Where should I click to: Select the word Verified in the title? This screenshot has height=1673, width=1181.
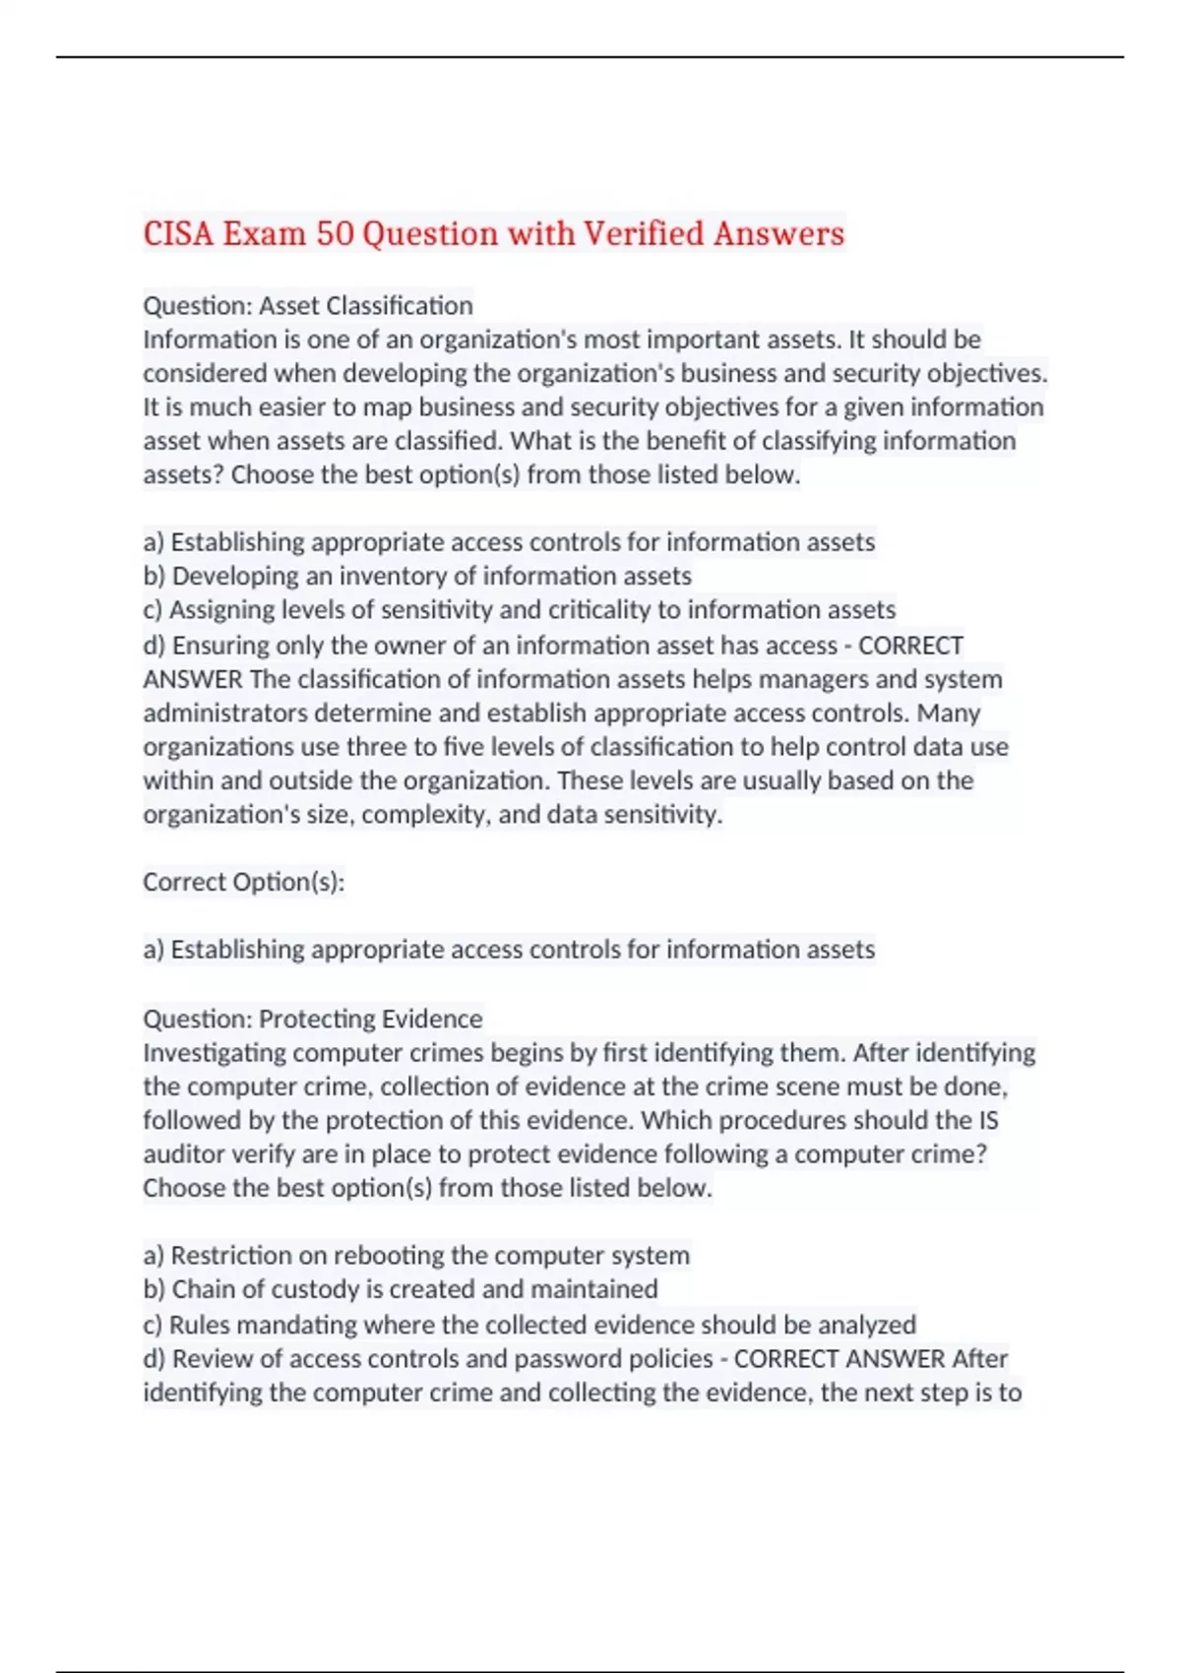(644, 234)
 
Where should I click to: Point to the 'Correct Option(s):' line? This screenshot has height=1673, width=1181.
(244, 882)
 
